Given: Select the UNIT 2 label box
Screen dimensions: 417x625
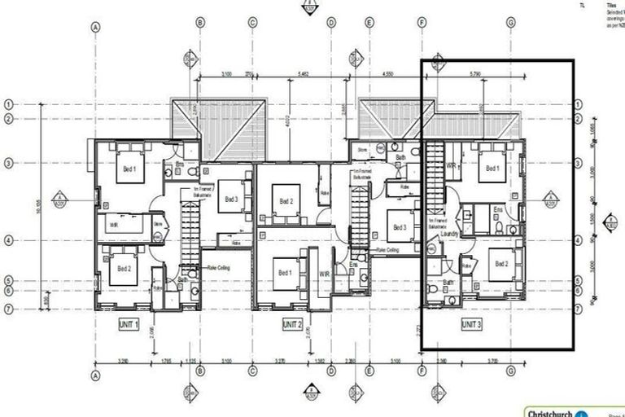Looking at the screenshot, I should pos(291,323).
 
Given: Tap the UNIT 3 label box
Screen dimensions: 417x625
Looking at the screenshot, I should pos(471,323).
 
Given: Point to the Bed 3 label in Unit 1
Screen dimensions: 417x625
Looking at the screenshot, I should pos(231,199).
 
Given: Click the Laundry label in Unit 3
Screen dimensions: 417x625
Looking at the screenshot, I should pos(450,235).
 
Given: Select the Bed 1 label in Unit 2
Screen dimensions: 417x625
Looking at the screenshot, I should pos(283,273).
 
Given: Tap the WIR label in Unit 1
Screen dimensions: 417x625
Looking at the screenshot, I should pos(112,222).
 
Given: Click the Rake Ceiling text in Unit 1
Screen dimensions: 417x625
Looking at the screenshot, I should pos(219,266).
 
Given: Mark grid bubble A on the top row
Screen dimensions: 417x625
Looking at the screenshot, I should pos(96,26).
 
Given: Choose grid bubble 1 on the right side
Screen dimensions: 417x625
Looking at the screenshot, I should pos(578,104).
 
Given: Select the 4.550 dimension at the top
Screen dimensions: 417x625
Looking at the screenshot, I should pos(388,75).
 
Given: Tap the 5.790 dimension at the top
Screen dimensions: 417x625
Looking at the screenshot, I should pos(475,75).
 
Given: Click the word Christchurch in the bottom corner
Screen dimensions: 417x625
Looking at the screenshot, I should pos(547,411).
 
